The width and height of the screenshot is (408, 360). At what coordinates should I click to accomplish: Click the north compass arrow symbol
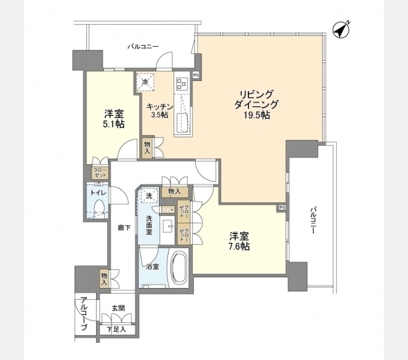pyautogui.click(x=341, y=29)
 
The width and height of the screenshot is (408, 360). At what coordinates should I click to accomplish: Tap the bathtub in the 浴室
pyautogui.click(x=179, y=267)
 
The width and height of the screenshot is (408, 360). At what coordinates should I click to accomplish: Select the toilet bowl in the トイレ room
pyautogui.click(x=99, y=207)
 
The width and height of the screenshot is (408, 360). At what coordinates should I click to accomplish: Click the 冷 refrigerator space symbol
pyautogui.click(x=145, y=82)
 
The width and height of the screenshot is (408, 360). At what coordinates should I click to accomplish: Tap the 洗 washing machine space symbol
pyautogui.click(x=149, y=195)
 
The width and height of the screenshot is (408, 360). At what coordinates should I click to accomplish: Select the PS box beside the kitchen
pyautogui.click(x=196, y=75)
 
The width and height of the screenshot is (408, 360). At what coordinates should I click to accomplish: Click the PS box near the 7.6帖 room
pyautogui.click(x=282, y=208)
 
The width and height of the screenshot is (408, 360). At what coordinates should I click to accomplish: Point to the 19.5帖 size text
pyautogui.click(x=256, y=115)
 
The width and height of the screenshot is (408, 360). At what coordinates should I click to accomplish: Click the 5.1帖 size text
pyautogui.click(x=114, y=124)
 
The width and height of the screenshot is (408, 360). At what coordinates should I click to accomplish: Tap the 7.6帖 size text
pyautogui.click(x=239, y=246)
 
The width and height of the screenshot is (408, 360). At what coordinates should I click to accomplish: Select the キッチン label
pyautogui.click(x=160, y=107)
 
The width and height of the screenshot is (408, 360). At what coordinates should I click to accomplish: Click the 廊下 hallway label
pyautogui.click(x=124, y=228)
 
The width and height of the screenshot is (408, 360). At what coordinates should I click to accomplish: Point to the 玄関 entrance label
pyautogui.click(x=118, y=308)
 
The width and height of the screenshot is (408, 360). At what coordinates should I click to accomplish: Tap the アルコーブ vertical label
pyautogui.click(x=83, y=314)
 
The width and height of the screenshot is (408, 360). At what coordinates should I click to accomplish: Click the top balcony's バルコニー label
pyautogui.click(x=143, y=47)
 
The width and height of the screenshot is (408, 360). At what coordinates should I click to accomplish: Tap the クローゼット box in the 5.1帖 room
pyautogui.click(x=100, y=172)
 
